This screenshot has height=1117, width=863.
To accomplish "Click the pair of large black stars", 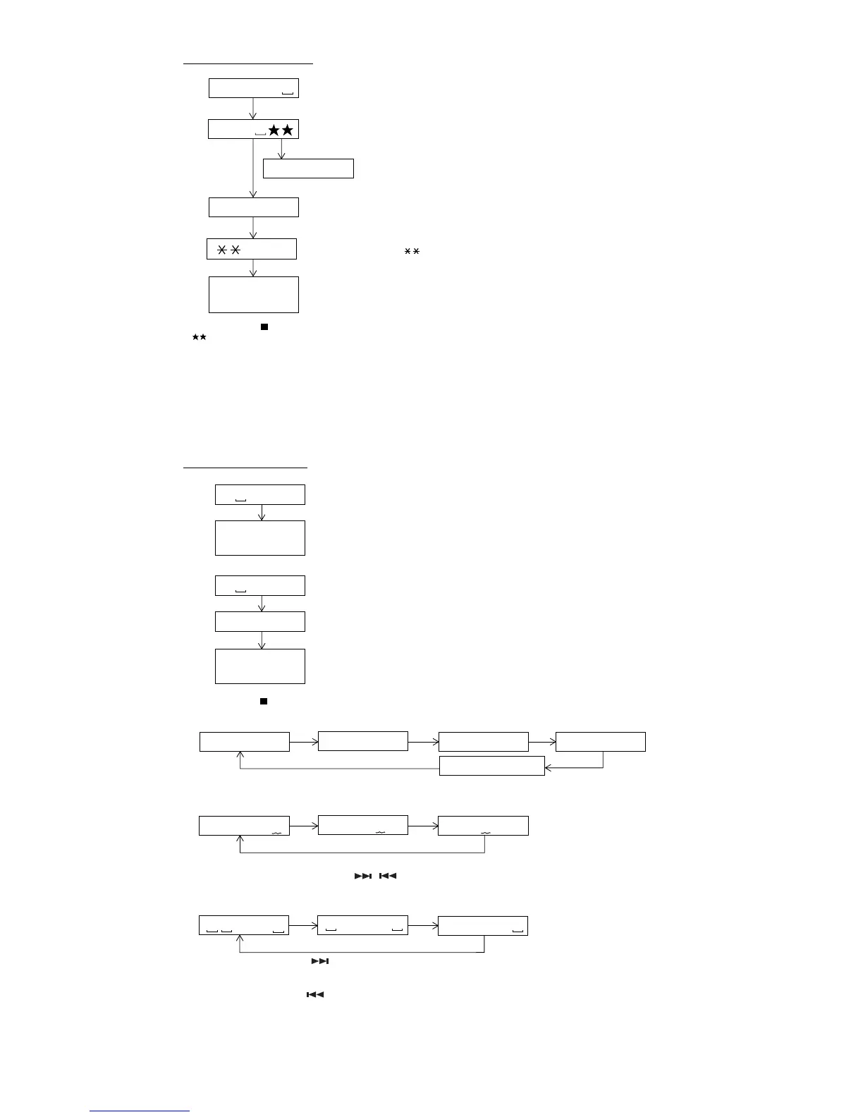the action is coord(281,130).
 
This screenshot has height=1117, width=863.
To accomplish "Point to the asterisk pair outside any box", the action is coord(412,252).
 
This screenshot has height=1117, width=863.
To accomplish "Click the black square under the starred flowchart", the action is coord(264,327).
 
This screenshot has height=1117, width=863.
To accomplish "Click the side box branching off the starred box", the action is coord(308,169).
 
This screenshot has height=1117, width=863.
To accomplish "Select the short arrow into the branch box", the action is coord(281,149).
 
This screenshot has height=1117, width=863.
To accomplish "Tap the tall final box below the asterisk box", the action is coord(254,295).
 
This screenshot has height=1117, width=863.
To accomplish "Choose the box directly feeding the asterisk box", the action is coord(254,207).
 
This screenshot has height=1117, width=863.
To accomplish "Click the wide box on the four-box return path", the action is coord(491,765).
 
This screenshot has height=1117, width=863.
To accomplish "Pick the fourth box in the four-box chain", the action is coord(600,742).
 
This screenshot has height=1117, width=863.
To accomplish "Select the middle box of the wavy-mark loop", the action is coord(363,825).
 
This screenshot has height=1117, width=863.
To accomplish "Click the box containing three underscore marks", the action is coord(244,926).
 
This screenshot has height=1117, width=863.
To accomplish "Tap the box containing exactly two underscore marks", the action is coord(363,925).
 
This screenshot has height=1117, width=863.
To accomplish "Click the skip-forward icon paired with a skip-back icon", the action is coord(362,876).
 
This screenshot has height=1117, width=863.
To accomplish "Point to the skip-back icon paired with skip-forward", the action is coord(388,876).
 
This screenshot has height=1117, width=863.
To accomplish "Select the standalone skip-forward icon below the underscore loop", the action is coord(320,961).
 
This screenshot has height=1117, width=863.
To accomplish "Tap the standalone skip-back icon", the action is coord(314,994).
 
